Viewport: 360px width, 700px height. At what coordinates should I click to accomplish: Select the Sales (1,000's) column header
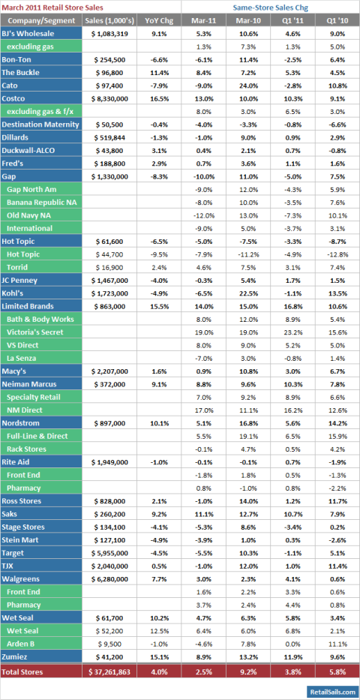point(109,20)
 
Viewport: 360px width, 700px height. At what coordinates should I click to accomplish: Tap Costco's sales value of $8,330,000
point(109,98)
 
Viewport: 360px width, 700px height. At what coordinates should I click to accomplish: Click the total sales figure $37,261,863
point(109,671)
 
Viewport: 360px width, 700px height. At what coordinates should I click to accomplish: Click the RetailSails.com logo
point(332,691)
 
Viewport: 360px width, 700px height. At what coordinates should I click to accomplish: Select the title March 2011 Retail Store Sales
point(52,8)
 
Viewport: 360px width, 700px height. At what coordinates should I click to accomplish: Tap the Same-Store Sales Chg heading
point(270,8)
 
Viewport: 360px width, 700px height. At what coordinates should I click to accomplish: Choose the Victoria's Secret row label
point(35,332)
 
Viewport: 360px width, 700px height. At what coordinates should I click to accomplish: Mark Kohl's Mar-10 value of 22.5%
point(247,293)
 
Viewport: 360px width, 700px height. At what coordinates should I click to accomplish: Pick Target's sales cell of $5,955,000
point(109,553)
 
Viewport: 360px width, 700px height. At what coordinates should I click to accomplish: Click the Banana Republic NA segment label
point(41,203)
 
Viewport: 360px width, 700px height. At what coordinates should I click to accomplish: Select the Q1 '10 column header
point(337,20)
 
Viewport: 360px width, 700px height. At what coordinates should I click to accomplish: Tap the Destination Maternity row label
point(40,124)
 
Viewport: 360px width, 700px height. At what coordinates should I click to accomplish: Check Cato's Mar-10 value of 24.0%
point(247,86)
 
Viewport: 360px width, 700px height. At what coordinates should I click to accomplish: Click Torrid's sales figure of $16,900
point(109,267)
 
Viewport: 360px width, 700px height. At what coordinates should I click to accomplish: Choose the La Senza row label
point(22,358)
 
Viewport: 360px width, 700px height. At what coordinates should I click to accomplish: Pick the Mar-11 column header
point(203,20)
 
